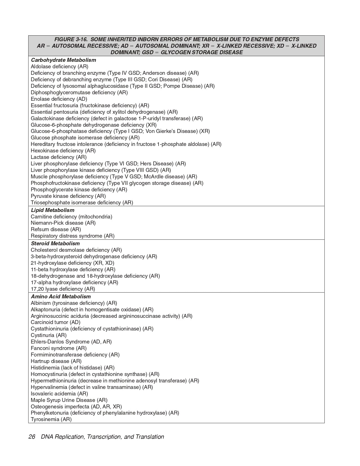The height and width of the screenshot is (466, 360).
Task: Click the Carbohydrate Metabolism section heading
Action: pyautogui.click(x=63, y=60)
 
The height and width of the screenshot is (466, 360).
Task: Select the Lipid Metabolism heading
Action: pyautogui.click(x=52, y=210)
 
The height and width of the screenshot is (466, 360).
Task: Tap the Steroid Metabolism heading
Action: pyautogui.click(x=55, y=244)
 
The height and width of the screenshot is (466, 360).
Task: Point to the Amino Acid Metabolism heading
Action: pyautogui.click(x=61, y=297)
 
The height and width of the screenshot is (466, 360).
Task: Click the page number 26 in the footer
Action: pyautogui.click(x=32, y=437)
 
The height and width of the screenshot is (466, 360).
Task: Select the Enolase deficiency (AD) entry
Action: pyautogui.click(x=59, y=99)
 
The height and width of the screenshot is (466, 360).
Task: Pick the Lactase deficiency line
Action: pyautogui.click(x=58, y=157)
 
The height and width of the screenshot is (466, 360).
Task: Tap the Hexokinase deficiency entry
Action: pyautogui.click(x=63, y=151)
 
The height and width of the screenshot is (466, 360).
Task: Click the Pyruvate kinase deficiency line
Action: pyautogui.click(x=68, y=196)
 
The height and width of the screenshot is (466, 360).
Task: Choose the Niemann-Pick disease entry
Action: pyautogui.click(x=63, y=223)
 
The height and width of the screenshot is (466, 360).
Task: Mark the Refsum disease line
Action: pyautogui.click(x=56, y=229)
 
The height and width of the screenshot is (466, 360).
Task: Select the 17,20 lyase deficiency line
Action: pyautogui.click(x=63, y=289)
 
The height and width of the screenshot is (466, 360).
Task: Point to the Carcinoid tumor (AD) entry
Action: pyautogui.click(x=55, y=322)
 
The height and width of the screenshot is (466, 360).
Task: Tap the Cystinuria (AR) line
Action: pyautogui.click(x=49, y=335)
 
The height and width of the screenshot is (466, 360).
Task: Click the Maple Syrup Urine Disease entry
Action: pyautogui.click(x=69, y=400)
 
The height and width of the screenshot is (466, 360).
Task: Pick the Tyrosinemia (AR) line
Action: pyautogui.click(x=51, y=419)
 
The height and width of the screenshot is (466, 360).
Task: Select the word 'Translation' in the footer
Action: pyautogui.click(x=150, y=437)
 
